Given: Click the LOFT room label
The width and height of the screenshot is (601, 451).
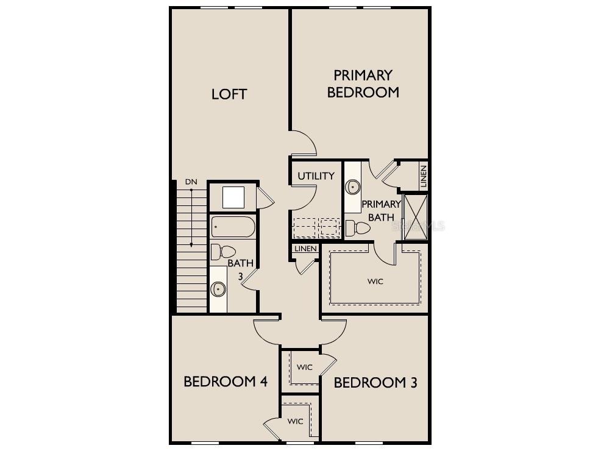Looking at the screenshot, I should (x=229, y=94).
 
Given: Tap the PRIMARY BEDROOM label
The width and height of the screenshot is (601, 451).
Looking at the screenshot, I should (x=363, y=83).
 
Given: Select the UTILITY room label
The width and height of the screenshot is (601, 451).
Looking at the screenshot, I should (x=316, y=176).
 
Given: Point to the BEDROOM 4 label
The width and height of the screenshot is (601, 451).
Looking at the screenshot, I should (x=226, y=382).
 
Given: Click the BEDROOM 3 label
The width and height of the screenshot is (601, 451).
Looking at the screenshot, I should (x=375, y=383).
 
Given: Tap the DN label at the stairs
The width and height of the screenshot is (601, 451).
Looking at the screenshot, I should (x=191, y=182).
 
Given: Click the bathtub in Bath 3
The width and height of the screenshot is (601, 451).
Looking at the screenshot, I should (x=232, y=228).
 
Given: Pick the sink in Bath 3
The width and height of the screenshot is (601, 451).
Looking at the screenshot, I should (x=218, y=289).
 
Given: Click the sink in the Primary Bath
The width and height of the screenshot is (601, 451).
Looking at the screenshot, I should (x=352, y=186).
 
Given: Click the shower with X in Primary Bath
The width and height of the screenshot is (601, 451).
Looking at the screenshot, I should (x=416, y=217).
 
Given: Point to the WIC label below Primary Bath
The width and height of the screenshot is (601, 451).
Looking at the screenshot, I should (x=375, y=282).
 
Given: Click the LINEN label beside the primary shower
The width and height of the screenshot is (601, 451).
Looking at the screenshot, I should (x=424, y=176).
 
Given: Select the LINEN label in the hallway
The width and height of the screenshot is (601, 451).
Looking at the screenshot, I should (x=305, y=249).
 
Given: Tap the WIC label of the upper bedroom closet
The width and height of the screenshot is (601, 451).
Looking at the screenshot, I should (x=305, y=367).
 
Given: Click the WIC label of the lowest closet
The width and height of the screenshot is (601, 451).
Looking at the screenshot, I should (x=296, y=421).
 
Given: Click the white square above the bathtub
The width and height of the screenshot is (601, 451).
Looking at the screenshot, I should (x=233, y=197).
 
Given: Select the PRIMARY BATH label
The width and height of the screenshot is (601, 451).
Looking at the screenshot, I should (x=381, y=210).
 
